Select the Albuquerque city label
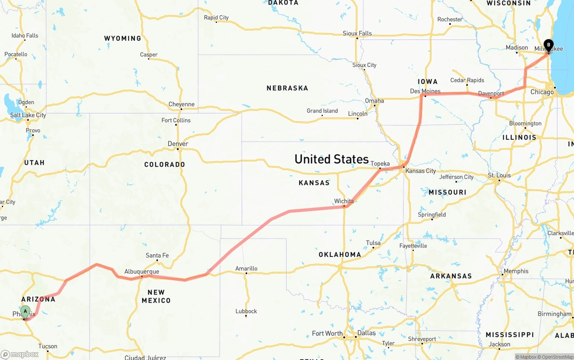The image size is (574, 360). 141,272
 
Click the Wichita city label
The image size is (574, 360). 344,201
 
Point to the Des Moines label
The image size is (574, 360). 425,91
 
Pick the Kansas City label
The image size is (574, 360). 420,171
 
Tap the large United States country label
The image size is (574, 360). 331,159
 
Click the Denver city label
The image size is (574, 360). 178,144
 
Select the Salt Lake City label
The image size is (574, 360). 28,115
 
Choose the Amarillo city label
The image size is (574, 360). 246,269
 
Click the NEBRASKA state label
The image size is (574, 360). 287,88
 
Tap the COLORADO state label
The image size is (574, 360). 165,165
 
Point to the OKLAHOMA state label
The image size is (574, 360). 339,255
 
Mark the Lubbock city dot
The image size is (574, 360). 246,316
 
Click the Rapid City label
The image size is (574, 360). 216,18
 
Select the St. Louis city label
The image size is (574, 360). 499,175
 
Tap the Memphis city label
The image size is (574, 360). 516,271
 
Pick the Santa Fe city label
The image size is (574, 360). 157,256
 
